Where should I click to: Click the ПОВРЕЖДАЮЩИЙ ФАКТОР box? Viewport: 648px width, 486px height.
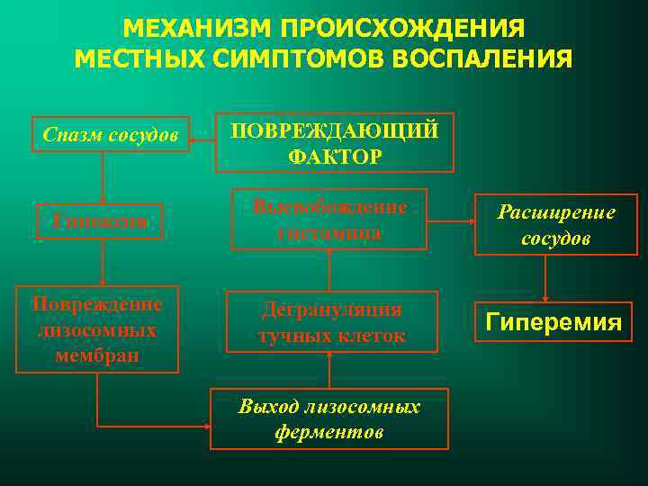tap(335, 142)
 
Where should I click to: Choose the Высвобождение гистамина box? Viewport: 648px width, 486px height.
tap(329, 219)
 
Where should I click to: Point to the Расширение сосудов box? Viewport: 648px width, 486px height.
tap(556, 225)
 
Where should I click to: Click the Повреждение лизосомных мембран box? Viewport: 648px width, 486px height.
tap(97, 329)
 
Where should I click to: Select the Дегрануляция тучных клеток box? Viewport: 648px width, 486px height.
tap(331, 321)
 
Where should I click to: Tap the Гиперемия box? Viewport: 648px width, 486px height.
tap(553, 321)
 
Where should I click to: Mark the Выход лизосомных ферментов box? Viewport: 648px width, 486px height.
tap(329, 418)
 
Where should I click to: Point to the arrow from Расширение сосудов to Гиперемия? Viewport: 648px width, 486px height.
tap(546, 278)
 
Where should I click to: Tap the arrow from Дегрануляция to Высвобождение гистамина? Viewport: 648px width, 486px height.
tap(330, 269)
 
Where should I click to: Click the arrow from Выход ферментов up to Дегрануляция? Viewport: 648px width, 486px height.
tap(330, 369)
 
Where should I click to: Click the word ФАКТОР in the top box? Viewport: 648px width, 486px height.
tap(335, 156)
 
